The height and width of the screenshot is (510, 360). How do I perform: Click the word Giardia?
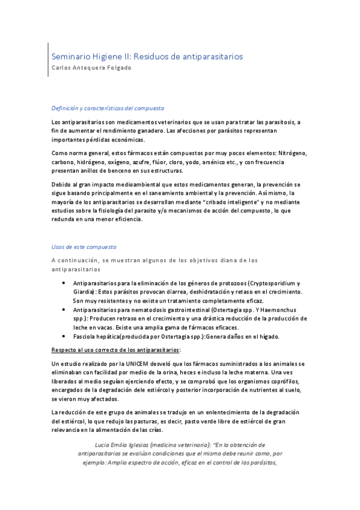tap(84, 292)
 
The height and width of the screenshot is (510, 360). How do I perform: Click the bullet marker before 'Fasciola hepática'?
tap(64, 336)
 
